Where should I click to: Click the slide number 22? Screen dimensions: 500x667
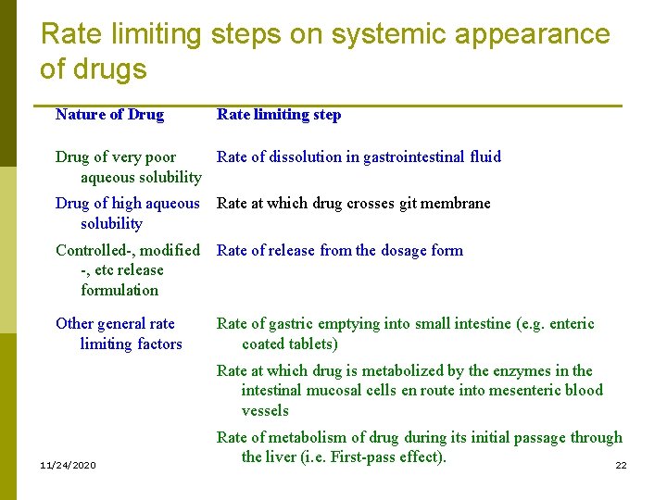pyautogui.click(x=621, y=465)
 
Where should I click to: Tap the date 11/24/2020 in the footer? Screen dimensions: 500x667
pyautogui.click(x=68, y=464)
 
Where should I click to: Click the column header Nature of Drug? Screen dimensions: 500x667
pyautogui.click(x=109, y=115)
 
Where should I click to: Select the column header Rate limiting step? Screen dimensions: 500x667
pyautogui.click(x=279, y=115)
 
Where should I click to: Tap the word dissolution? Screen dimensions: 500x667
pyautogui.click(x=306, y=157)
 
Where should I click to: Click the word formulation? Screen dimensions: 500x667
pyautogui.click(x=120, y=291)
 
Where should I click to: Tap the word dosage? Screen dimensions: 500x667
pyautogui.click(x=405, y=250)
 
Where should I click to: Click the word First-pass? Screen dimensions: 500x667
pyautogui.click(x=366, y=456)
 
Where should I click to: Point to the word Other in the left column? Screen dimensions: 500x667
pyautogui.click(x=75, y=324)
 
